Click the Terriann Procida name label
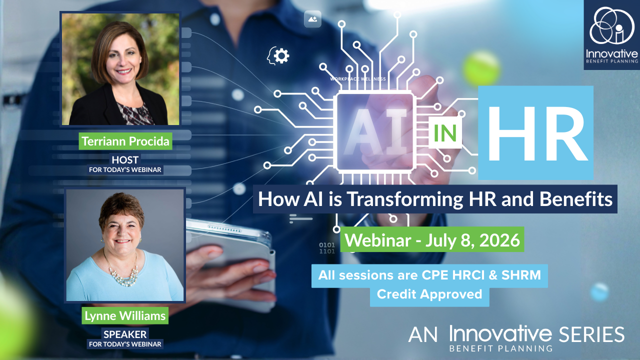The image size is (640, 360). [x=124, y=141]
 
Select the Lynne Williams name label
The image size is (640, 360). [x=124, y=315]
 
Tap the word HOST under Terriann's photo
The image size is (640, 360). [x=125, y=160]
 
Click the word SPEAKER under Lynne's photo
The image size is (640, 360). [x=125, y=334]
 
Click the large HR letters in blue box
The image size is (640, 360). [x=535, y=132]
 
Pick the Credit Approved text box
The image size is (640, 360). [x=429, y=294]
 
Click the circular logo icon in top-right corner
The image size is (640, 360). [x=610, y=27]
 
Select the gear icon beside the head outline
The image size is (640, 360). [x=282, y=55]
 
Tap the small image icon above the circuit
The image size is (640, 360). [x=312, y=19]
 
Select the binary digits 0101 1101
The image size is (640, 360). [x=327, y=248]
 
